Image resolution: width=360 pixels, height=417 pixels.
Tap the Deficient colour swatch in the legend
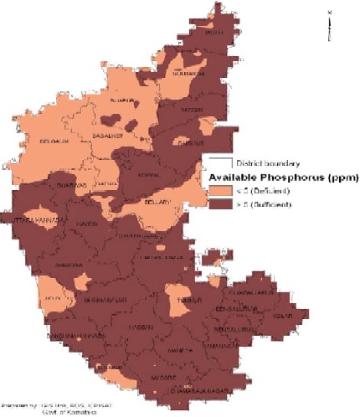pos(219,192)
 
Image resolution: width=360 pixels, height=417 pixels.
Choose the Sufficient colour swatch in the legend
pos(219,205)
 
